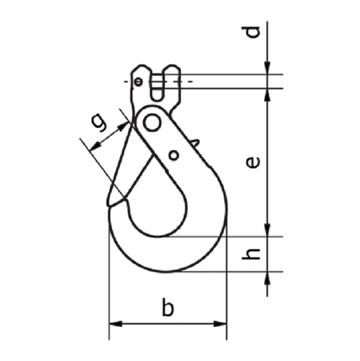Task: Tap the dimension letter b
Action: point(167,308)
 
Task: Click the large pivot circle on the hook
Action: point(152,122)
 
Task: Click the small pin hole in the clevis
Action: point(139,81)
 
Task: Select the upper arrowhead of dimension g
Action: point(125,124)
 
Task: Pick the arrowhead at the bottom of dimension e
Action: point(267,230)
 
